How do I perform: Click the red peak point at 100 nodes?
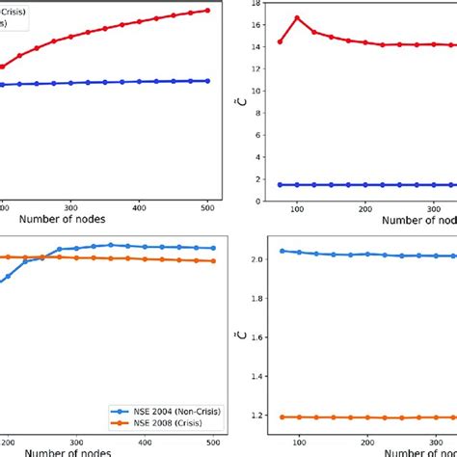point(297,17)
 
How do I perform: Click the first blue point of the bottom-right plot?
point(281,251)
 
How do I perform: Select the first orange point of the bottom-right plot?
point(281,417)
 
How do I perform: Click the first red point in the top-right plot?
point(281,41)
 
